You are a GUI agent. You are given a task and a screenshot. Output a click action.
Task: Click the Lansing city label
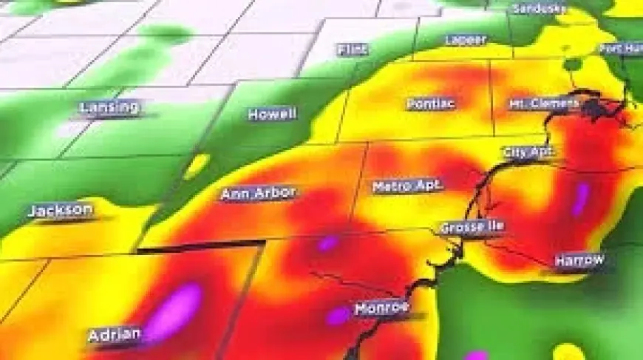coord(109,108)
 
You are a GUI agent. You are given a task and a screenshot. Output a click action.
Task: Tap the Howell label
coord(272,115)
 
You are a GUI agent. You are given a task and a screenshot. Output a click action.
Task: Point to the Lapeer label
coord(466,39)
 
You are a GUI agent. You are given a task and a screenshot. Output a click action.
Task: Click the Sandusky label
coord(540,9)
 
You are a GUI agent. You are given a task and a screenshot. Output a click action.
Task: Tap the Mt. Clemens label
coord(543,103)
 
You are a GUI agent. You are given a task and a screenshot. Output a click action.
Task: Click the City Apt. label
coord(528,152)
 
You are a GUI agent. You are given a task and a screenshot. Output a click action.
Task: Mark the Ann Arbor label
coord(258,194)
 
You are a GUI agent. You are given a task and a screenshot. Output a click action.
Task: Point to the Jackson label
coord(61,211)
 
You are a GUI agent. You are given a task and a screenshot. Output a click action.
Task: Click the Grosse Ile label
coord(472,227)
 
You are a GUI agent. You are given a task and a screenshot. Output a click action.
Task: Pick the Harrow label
coord(580,260)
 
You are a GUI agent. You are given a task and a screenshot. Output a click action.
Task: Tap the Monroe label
coord(381,308)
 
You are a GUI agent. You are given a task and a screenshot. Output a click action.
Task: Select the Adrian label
coord(114,335)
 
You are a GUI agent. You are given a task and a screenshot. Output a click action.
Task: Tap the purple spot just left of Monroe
coord(338,316)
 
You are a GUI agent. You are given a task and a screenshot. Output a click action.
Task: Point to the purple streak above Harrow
coord(581,198)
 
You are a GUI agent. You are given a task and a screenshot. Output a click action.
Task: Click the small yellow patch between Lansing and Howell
coord(197,166)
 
